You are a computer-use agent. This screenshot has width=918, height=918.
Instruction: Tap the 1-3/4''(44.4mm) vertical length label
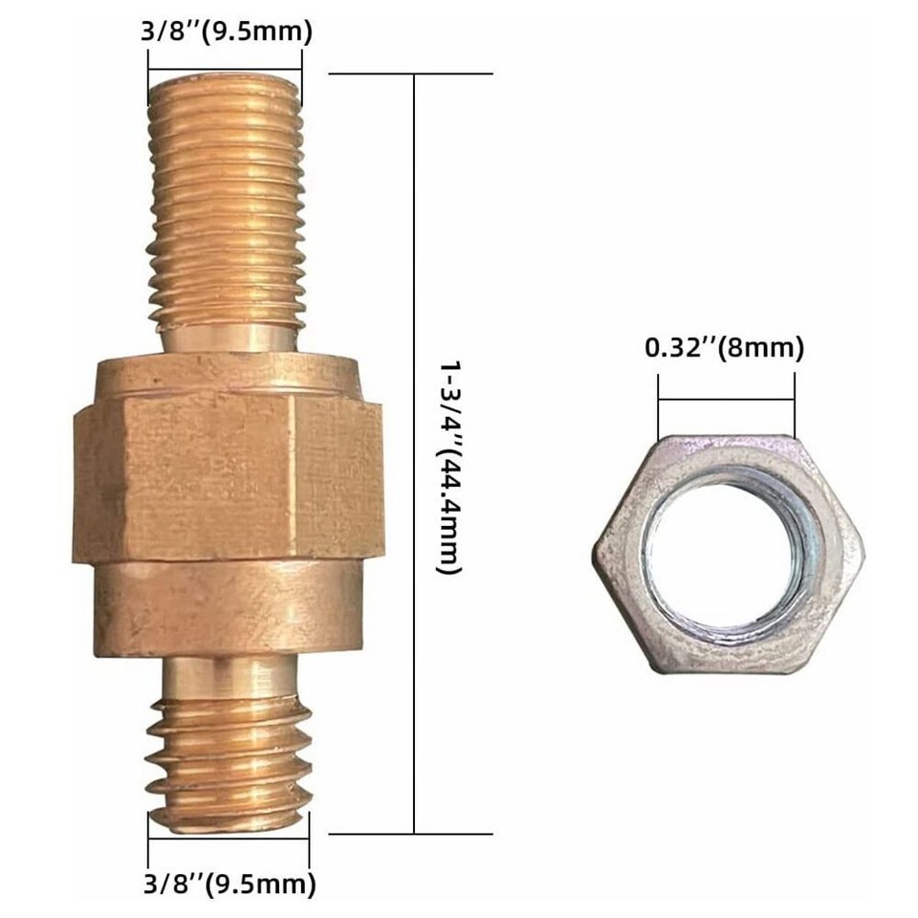[x=448, y=467]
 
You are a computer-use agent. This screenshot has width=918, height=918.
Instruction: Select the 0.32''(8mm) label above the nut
[x=724, y=348]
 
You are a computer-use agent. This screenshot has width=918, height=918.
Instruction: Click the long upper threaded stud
[x=227, y=201]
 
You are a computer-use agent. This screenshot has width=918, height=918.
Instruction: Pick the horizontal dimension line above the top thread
[x=225, y=54]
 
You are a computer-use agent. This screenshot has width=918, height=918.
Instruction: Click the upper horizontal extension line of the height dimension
[x=411, y=74]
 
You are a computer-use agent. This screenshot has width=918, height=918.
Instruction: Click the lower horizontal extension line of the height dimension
[x=411, y=833]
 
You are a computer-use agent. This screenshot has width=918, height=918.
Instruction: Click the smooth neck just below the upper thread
[x=227, y=336]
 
